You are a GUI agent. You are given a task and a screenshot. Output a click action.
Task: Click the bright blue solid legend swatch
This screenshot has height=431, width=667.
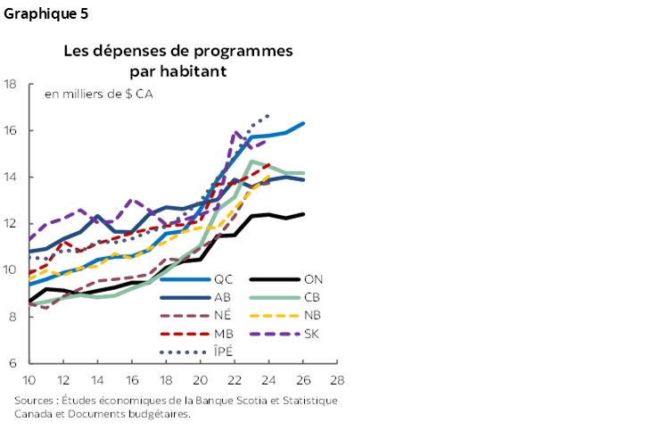[x=185, y=279]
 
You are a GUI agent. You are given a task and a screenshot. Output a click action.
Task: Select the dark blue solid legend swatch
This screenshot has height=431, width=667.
[x=185, y=297]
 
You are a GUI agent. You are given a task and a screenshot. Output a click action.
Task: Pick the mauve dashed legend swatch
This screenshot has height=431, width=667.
[x=185, y=316]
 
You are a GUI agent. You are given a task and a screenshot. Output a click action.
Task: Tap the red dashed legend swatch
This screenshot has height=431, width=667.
[x=185, y=334]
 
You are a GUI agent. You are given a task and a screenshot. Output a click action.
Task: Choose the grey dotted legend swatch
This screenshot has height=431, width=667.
[x=184, y=352]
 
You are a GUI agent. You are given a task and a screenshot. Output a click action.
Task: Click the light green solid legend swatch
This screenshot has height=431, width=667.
[x=275, y=297]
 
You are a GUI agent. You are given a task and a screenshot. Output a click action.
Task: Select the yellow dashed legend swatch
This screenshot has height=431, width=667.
[x=275, y=316]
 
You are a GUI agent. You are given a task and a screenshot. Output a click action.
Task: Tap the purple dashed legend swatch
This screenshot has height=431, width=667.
[x=275, y=334]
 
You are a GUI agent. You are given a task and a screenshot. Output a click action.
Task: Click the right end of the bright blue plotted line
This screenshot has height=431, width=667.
[x=304, y=123]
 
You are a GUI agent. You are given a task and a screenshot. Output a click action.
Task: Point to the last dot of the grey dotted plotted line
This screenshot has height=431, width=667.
[x=268, y=115]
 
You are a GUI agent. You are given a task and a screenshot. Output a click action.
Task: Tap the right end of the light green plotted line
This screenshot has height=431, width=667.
[x=303, y=173]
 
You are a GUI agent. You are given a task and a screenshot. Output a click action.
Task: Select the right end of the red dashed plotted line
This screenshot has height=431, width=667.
[x=268, y=164]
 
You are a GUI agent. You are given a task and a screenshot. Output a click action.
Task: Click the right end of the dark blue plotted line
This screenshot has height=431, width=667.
[x=304, y=180]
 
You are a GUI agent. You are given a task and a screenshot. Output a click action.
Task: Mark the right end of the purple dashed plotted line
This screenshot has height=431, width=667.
[x=266, y=140]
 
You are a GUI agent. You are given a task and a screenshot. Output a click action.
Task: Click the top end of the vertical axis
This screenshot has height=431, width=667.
[x=29, y=84]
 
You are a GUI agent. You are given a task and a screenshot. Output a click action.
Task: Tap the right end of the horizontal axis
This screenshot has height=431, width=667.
[x=337, y=363]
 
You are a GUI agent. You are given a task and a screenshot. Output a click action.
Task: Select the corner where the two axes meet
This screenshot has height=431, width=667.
[x=29, y=363]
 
